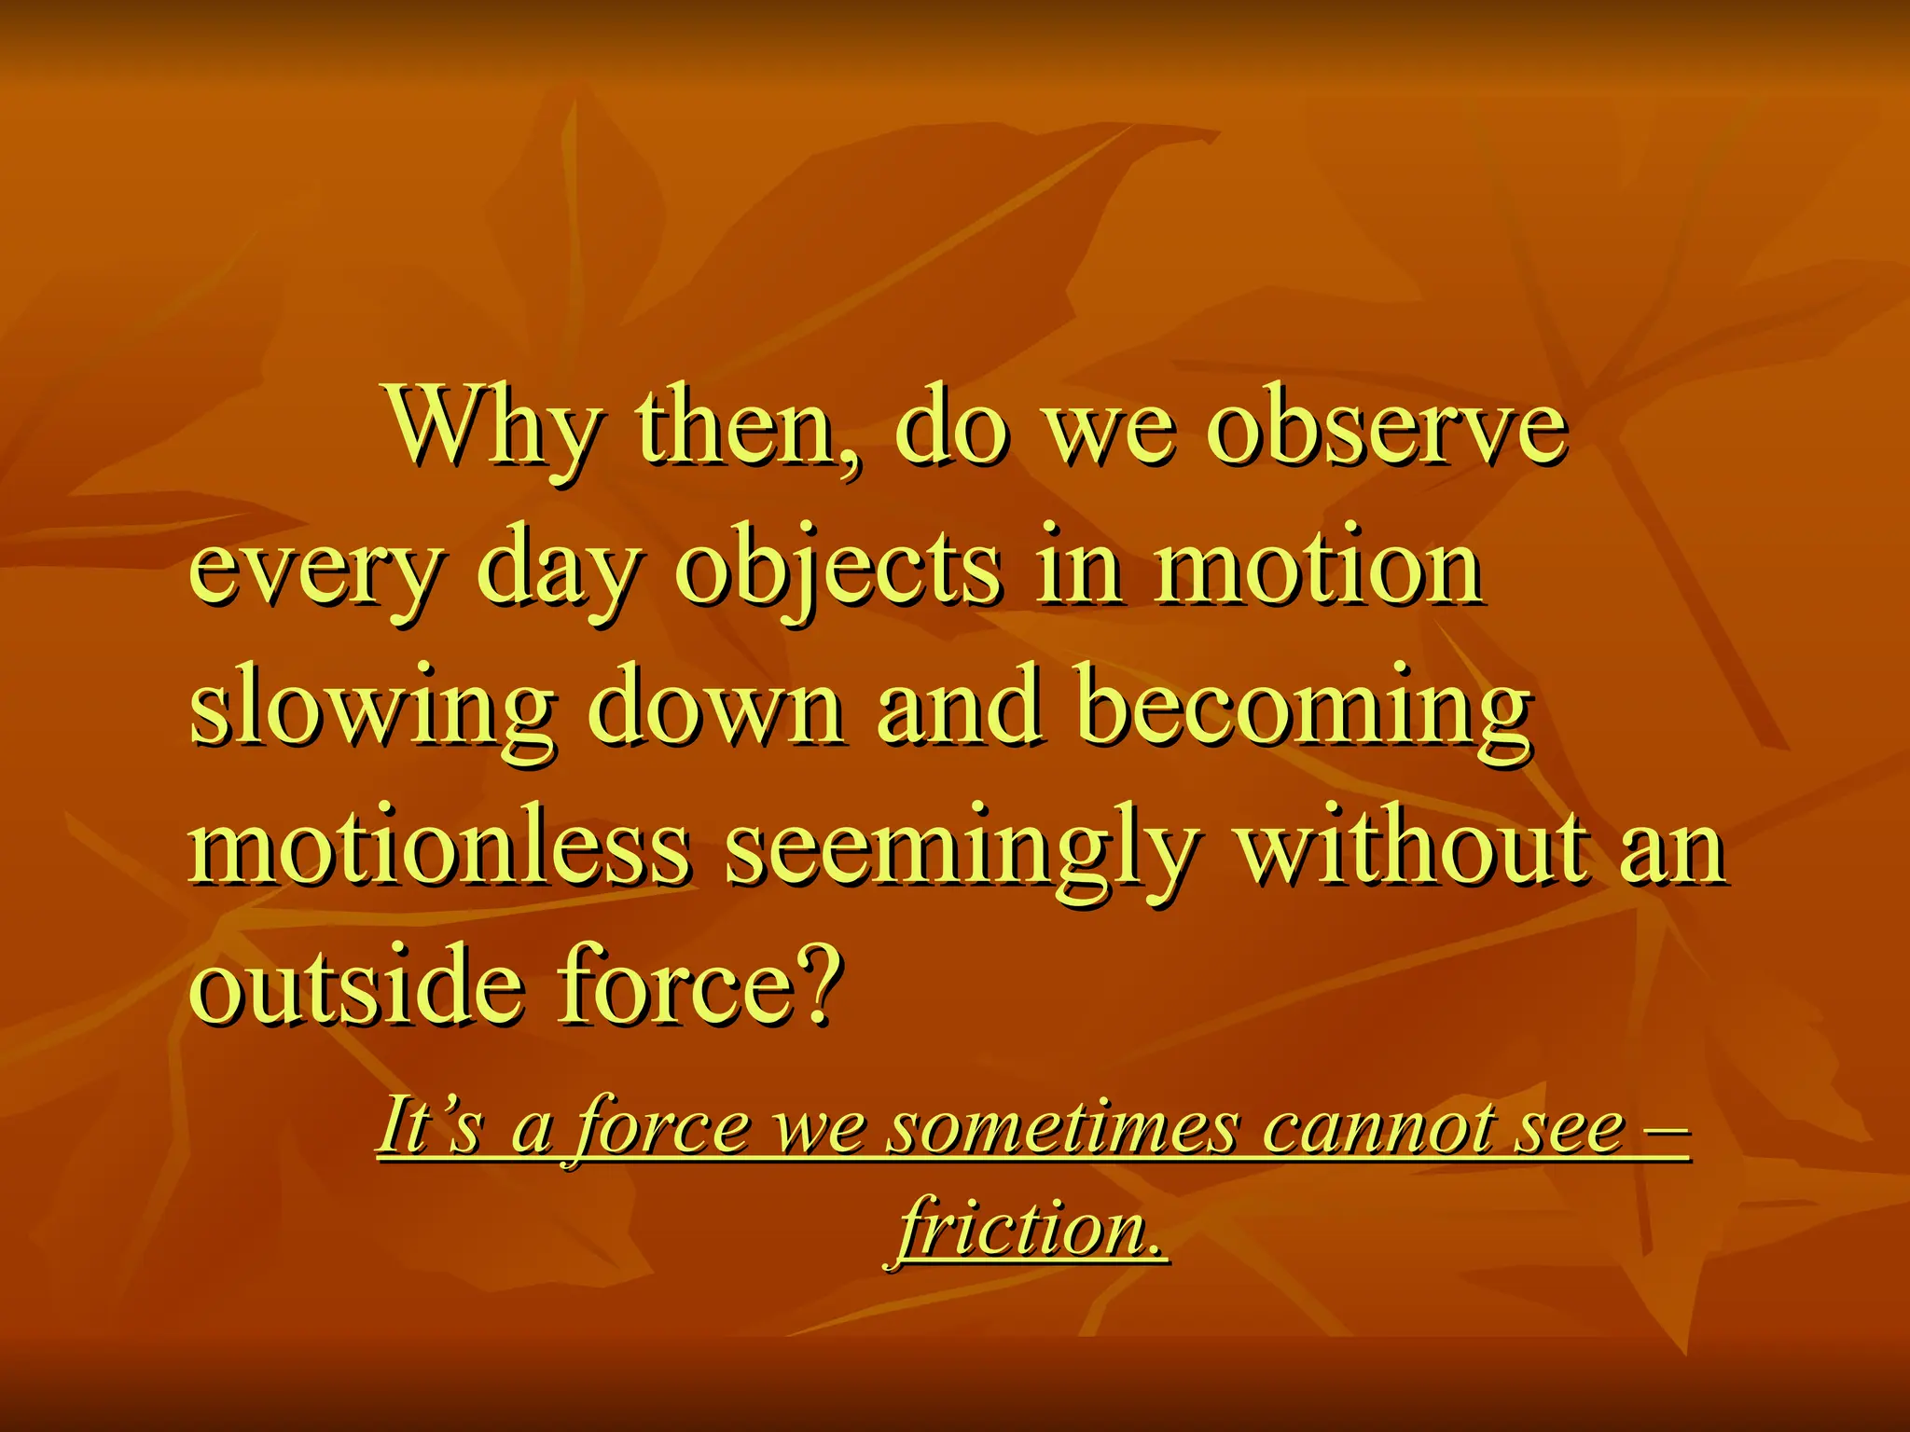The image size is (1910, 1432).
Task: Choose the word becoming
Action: [x=1303, y=709]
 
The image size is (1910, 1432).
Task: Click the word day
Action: [x=558, y=571]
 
